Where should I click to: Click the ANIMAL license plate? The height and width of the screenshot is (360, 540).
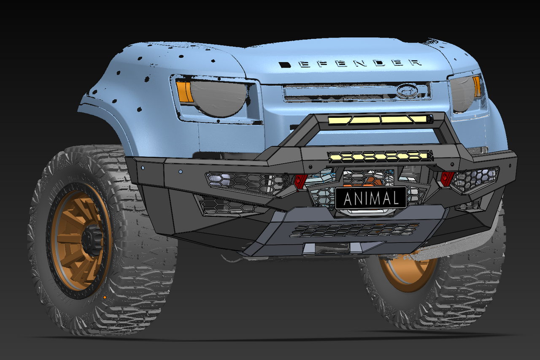371,198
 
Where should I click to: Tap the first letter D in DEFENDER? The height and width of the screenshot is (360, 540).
285,65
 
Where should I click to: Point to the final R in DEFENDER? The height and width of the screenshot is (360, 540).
416,63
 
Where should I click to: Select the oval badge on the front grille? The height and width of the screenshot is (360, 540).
407,90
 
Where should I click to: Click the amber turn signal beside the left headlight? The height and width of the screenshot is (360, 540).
184,92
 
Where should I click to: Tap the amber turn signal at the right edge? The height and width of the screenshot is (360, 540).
477,87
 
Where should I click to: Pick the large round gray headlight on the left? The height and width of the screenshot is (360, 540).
218,99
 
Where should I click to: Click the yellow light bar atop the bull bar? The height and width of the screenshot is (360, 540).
379,120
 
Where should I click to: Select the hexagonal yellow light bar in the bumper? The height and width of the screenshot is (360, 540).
380,157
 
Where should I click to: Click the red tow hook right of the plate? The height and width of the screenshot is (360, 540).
446,179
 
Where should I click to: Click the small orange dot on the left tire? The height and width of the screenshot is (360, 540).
104,298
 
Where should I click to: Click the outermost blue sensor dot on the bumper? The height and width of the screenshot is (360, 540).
143,168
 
